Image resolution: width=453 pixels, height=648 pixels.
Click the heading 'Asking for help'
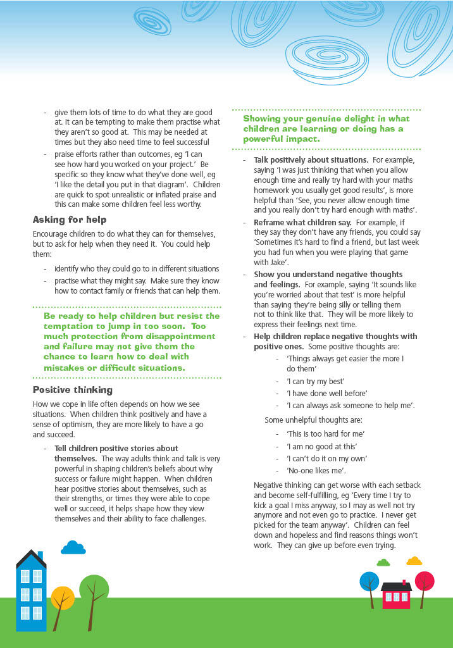pos(70,220)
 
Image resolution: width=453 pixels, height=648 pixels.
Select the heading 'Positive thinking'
pos(73,390)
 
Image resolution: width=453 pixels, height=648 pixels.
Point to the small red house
pos(396,595)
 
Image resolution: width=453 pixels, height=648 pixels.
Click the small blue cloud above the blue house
pos(73,547)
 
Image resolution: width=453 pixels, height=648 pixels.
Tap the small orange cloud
pos(414,561)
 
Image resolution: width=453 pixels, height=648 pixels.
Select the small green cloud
pos(383,562)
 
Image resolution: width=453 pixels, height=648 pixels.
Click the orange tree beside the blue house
pos(62,599)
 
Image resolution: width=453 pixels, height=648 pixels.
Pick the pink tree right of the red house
pos(424,582)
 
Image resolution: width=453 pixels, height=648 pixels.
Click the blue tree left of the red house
pos(369,582)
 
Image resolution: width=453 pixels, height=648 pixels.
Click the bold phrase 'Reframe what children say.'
pos(303,223)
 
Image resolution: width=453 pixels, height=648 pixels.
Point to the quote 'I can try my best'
pos(317,382)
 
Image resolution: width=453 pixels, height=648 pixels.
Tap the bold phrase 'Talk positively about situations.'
pos(311,160)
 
